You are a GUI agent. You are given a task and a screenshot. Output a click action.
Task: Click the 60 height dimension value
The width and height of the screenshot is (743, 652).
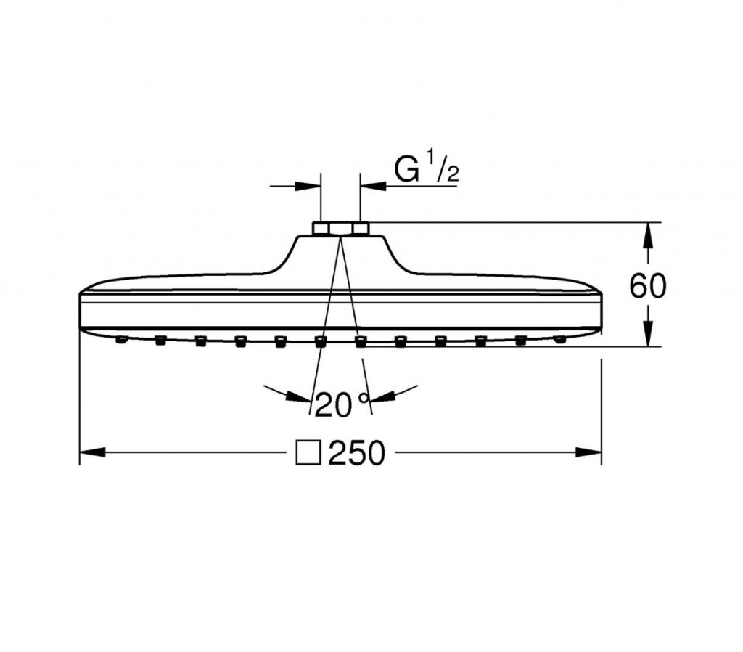click(647, 285)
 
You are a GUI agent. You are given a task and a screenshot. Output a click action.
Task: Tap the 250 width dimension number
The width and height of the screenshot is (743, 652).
click(356, 453)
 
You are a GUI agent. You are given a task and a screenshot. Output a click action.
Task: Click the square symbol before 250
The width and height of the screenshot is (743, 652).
click(308, 453)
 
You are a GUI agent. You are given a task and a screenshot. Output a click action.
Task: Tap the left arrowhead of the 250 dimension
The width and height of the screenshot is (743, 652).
click(92, 452)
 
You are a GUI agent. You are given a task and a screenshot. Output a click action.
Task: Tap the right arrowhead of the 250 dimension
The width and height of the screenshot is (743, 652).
click(588, 452)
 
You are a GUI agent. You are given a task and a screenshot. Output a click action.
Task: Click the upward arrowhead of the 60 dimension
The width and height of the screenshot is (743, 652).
click(648, 235)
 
